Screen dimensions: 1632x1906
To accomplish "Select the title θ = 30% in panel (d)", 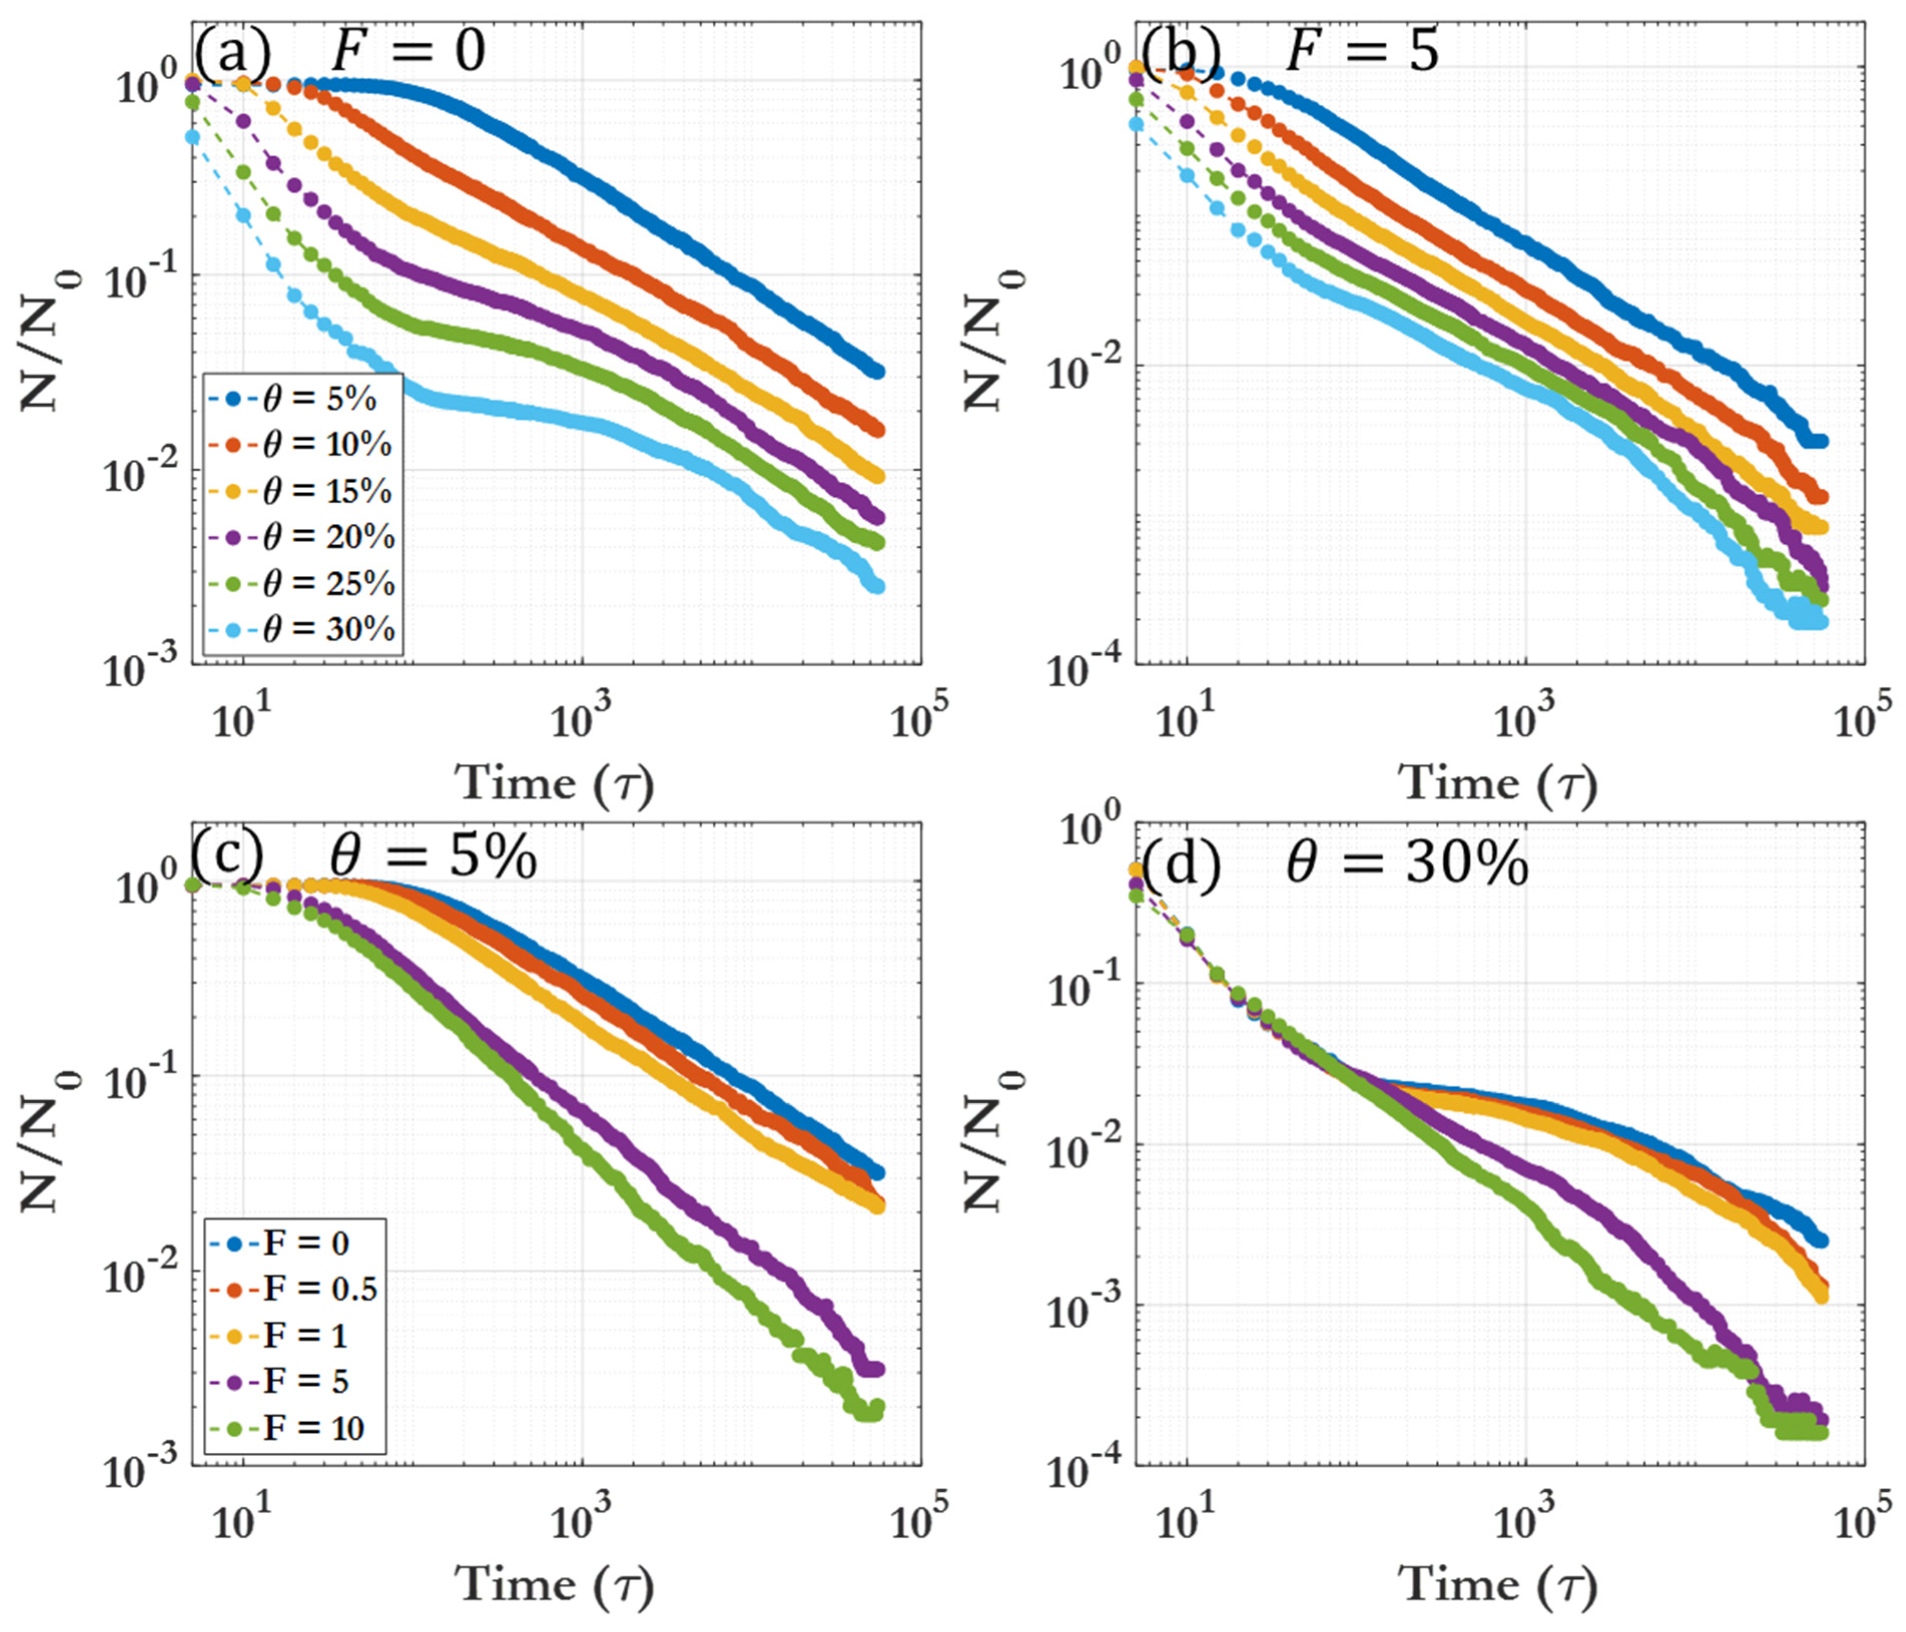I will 1407,865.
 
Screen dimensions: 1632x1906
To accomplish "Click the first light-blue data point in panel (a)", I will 192,137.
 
